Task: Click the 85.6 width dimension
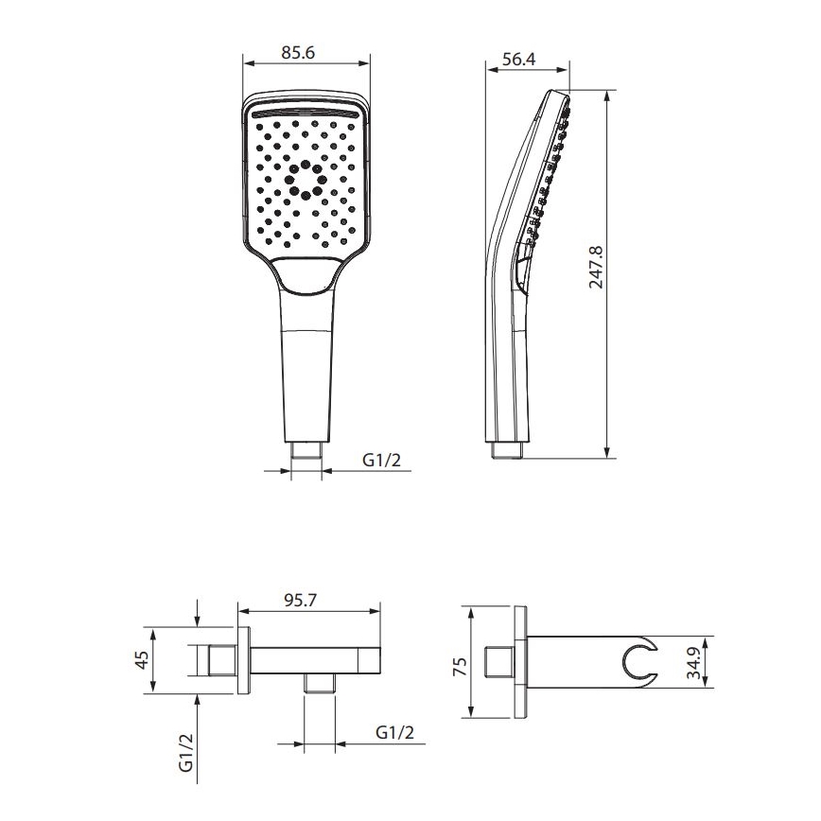pos(298,54)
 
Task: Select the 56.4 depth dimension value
pos(519,60)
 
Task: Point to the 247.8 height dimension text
pos(595,271)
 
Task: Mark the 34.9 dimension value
pos(694,663)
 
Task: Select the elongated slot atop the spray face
pos(306,112)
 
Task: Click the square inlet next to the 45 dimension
pos(220,660)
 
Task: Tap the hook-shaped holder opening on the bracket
pos(643,661)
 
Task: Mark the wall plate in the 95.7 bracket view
pos(243,660)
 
